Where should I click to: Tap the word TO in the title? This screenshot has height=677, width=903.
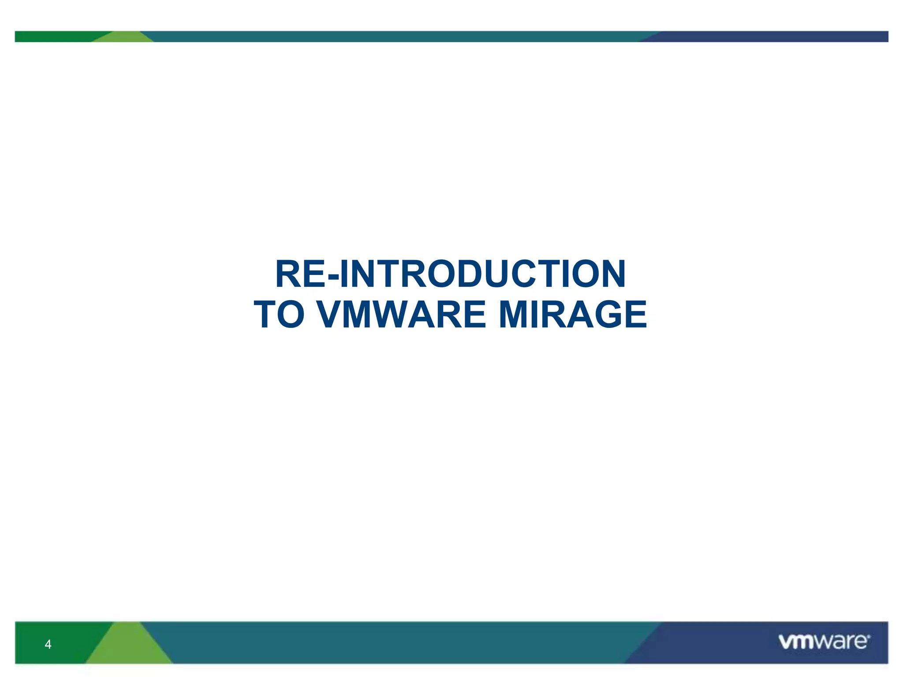point(279,314)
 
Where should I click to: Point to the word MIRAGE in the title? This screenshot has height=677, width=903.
point(573,314)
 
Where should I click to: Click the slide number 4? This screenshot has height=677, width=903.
point(48,644)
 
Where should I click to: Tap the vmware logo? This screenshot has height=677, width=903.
point(823,641)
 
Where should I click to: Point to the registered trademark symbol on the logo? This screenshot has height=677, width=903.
point(868,636)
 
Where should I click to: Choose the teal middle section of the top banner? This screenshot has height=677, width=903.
point(397,37)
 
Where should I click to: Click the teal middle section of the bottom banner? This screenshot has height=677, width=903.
point(397,643)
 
